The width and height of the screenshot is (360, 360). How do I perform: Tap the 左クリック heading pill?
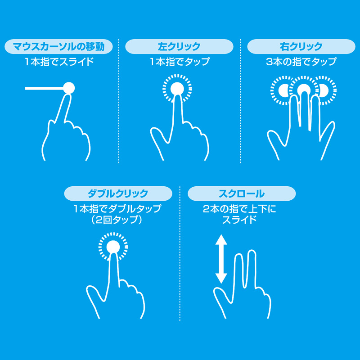(x=179, y=46)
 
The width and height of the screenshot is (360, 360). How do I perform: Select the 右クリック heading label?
(x=301, y=46)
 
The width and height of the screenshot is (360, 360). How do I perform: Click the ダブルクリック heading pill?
(x=118, y=194)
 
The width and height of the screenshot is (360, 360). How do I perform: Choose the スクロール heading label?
(x=241, y=194)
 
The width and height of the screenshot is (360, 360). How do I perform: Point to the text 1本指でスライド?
(x=59, y=61)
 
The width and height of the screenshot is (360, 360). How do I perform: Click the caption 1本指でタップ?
(x=180, y=61)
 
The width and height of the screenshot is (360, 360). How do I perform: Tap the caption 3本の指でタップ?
(x=301, y=61)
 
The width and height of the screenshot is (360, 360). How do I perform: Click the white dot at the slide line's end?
(x=69, y=88)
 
